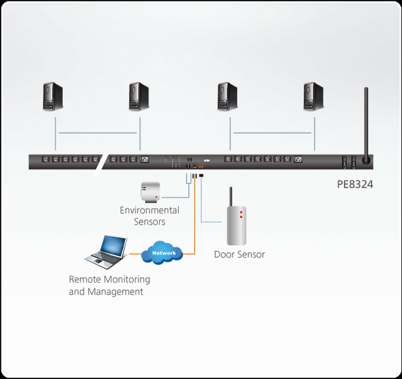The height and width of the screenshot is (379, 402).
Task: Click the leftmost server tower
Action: click(x=53, y=97)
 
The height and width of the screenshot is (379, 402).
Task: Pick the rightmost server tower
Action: click(x=314, y=97)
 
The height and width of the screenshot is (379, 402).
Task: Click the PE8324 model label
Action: click(x=355, y=185)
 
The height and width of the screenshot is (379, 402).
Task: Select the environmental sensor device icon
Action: click(x=150, y=190)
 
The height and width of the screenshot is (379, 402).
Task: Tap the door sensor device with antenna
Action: click(x=237, y=223)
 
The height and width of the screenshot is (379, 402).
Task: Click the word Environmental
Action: click(x=150, y=210)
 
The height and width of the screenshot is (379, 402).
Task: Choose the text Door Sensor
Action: click(x=239, y=254)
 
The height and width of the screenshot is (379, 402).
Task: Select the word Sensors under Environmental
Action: click(x=150, y=221)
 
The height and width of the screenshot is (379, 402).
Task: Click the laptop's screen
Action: click(x=113, y=246)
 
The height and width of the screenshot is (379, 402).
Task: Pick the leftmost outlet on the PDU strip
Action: click(x=46, y=160)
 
